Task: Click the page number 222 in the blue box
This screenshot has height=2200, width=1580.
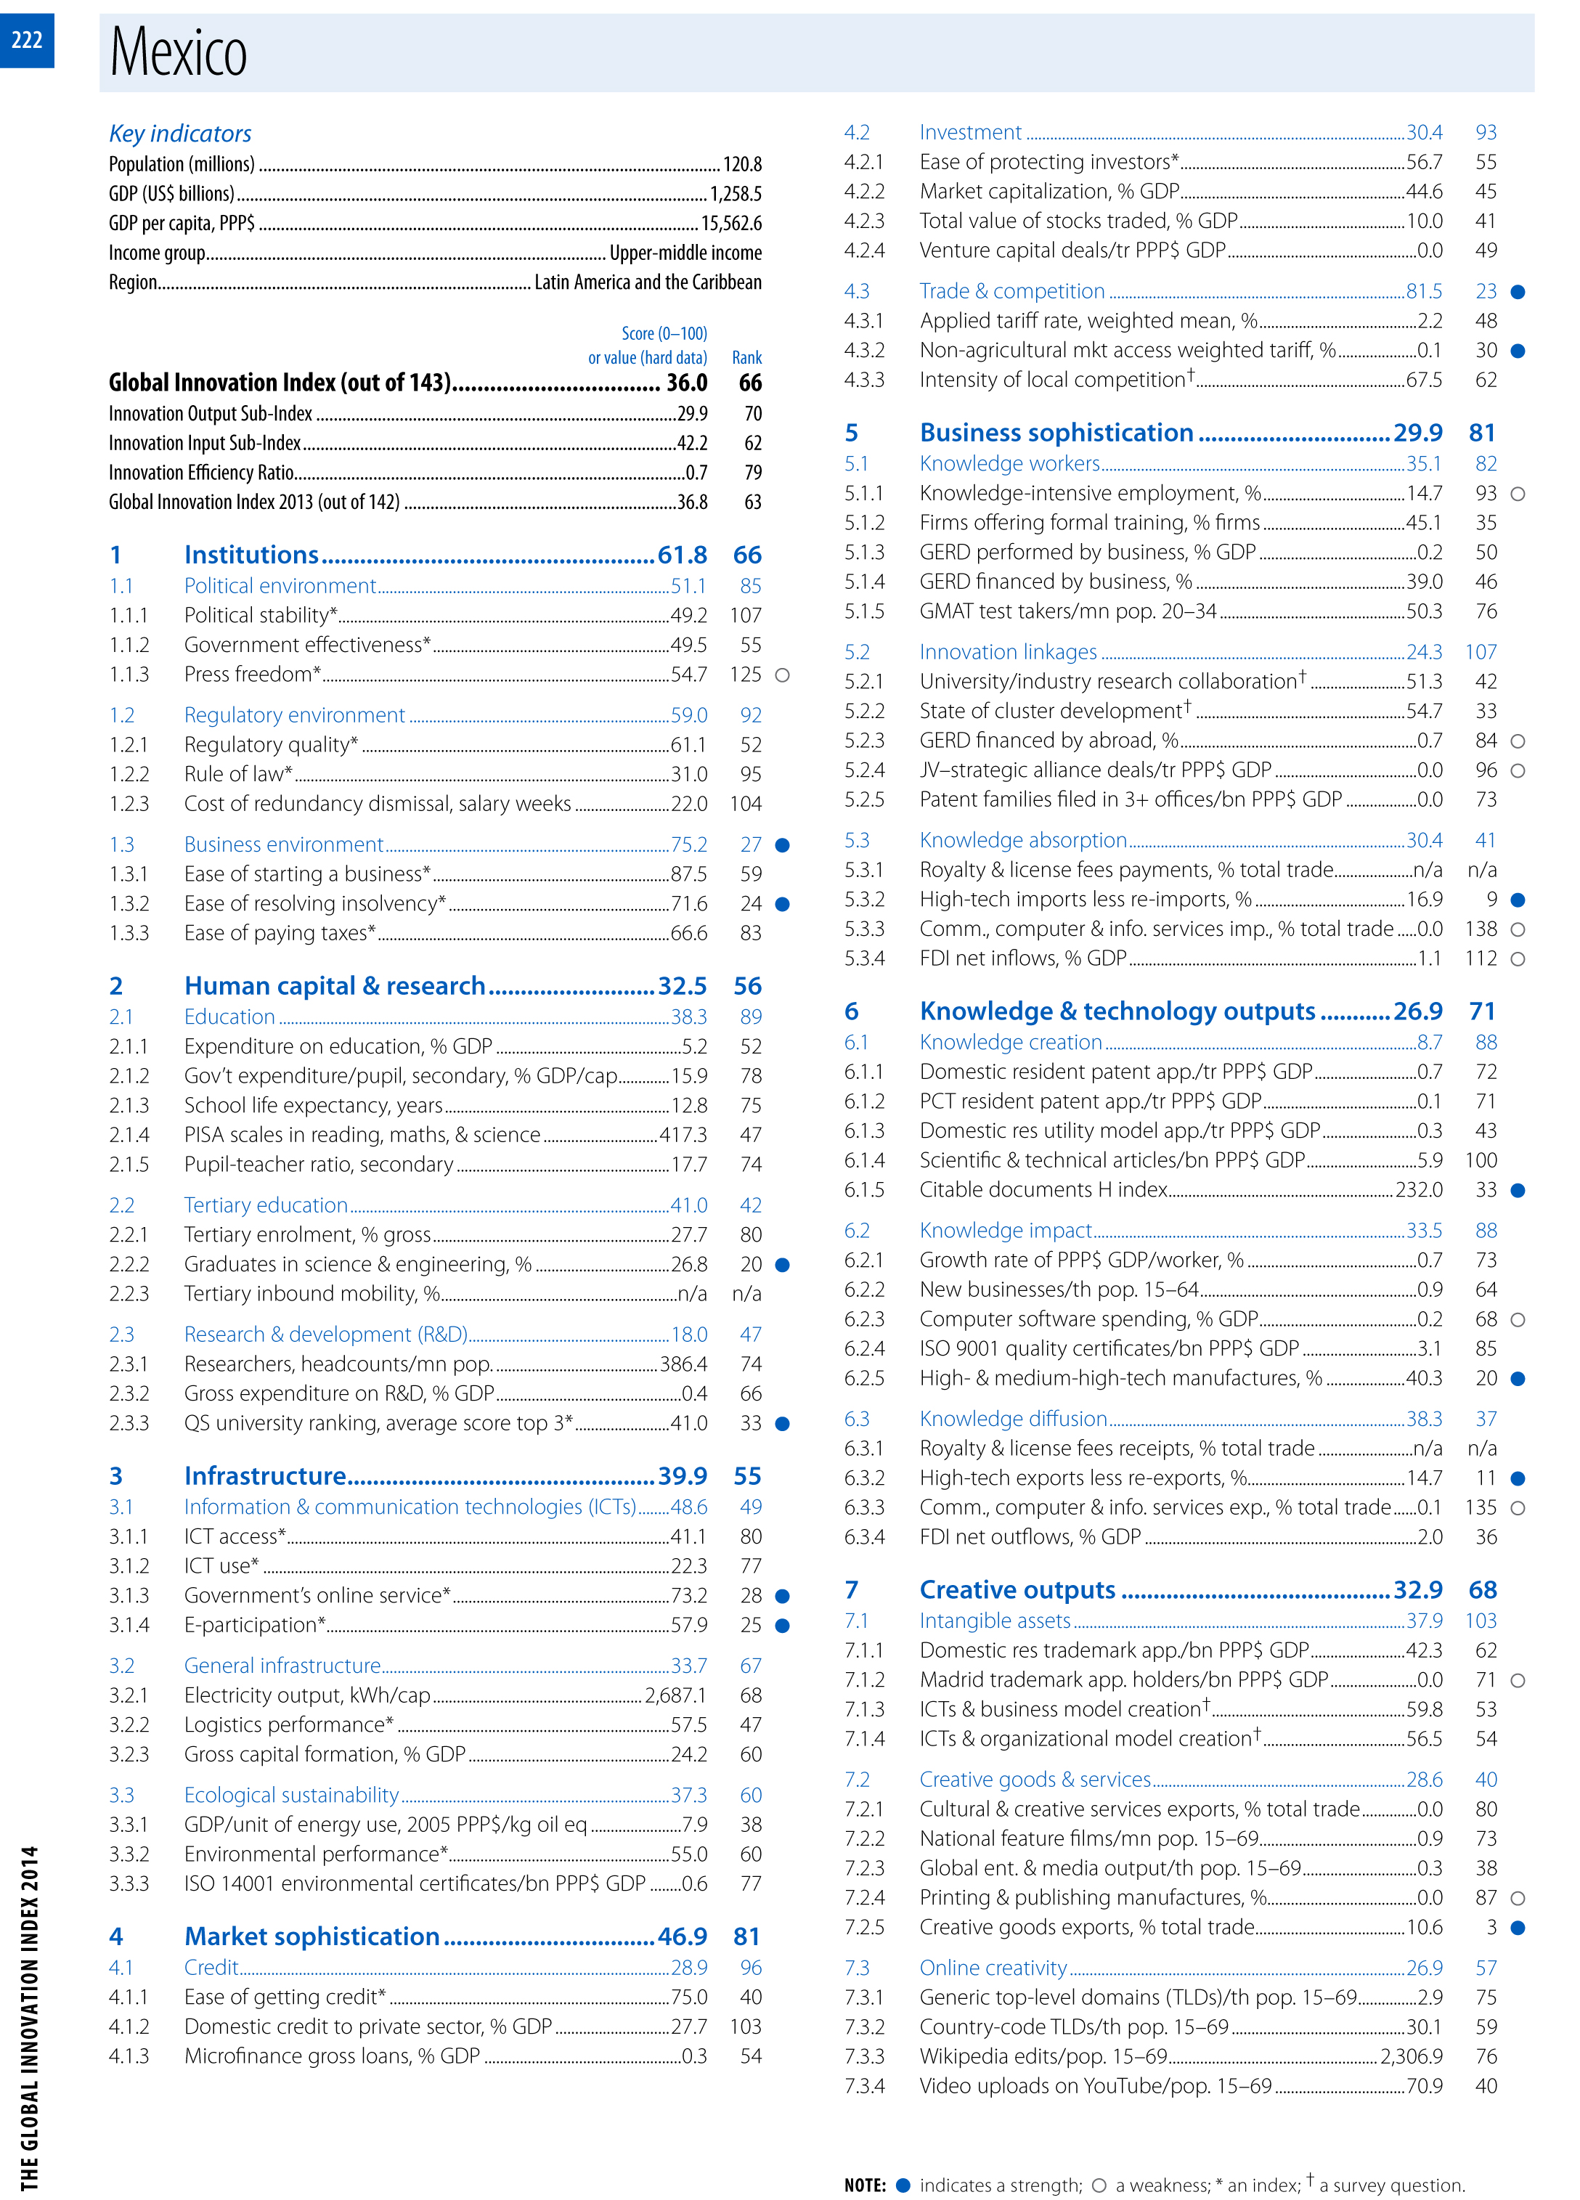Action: pyautogui.click(x=27, y=40)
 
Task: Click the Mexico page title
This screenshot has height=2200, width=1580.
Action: pyautogui.click(x=179, y=52)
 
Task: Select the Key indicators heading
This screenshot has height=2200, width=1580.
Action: pyautogui.click(x=179, y=134)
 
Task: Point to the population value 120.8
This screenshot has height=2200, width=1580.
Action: pyautogui.click(x=742, y=165)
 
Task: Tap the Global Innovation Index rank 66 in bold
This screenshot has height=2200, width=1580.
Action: pyautogui.click(x=750, y=383)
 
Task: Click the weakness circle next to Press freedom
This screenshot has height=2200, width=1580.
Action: pyautogui.click(x=783, y=675)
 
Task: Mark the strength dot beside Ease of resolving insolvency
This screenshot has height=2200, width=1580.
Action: pyautogui.click(x=783, y=904)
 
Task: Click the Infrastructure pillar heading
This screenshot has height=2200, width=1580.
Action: pyautogui.click(x=265, y=1475)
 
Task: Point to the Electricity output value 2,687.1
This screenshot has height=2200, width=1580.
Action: pyautogui.click(x=676, y=1695)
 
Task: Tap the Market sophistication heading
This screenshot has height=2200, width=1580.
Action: pyautogui.click(x=311, y=1936)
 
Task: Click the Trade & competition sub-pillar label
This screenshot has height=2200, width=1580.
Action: pyautogui.click(x=1011, y=291)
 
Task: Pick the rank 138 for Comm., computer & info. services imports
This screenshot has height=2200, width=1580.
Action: pyautogui.click(x=1481, y=929)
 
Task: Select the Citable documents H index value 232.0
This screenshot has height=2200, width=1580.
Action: pyautogui.click(x=1418, y=1190)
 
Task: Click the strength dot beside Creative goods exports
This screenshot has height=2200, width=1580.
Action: pyautogui.click(x=1518, y=1928)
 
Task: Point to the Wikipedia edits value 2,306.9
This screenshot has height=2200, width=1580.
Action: pyautogui.click(x=1412, y=2056)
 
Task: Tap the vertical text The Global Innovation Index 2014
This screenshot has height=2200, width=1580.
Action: pyautogui.click(x=30, y=2018)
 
